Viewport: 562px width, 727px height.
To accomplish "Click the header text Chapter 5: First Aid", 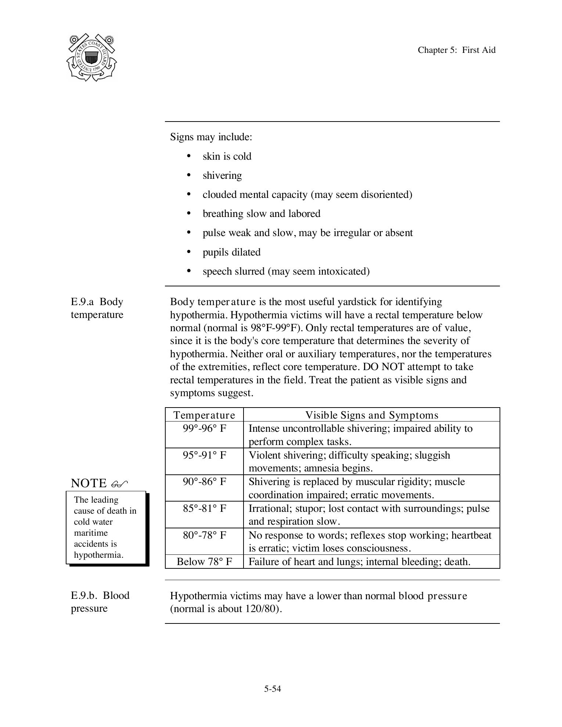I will pos(456,50).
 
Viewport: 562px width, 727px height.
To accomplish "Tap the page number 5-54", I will pos(272,689).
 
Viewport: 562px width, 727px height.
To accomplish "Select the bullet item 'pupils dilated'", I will pos(231,252).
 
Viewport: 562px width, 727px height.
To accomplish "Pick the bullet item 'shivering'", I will pos(222,176).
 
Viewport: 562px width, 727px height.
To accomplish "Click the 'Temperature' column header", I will pos(204,415).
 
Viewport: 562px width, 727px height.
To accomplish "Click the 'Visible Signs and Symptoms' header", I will pos(372,415).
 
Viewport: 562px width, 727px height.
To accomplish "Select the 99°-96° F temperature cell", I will pos(204,428).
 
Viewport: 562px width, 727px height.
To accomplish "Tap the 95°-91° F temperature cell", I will pos(204,455).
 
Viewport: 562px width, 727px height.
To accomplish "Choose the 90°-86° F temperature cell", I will pos(204,482).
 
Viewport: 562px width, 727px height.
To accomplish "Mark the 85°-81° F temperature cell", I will pos(204,509).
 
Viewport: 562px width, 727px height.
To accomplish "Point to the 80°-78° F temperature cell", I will pos(204,535).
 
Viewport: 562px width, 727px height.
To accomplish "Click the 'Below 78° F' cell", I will pos(204,562).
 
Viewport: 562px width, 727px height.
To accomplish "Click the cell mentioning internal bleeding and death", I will pos(359,562).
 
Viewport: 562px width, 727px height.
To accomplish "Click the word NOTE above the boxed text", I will pos(89,483).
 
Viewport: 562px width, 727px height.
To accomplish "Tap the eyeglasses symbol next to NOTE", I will pos(119,484).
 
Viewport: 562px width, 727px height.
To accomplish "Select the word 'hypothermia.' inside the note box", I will pos(98,555).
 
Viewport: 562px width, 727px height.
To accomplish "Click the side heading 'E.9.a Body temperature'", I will pos(97,308).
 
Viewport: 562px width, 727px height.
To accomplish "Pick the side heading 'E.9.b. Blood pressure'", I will pos(100,601).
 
